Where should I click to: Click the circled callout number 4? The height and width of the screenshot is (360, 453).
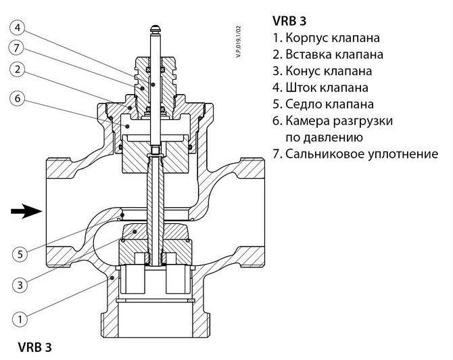pyautogui.click(x=18, y=28)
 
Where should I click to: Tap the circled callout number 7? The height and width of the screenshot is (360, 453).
pyautogui.click(x=18, y=49)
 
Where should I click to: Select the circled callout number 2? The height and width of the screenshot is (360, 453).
pyautogui.click(x=18, y=70)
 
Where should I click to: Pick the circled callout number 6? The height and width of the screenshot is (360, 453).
pyautogui.click(x=18, y=98)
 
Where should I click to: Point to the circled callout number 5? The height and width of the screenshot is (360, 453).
pyautogui.click(x=20, y=254)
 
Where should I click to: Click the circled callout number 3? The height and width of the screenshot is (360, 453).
pyautogui.click(x=20, y=285)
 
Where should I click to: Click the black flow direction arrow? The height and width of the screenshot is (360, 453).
pyautogui.click(x=26, y=212)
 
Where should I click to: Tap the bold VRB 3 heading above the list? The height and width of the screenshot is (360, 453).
pyautogui.click(x=290, y=19)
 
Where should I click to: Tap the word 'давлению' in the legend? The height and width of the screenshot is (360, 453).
pyautogui.click(x=327, y=137)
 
